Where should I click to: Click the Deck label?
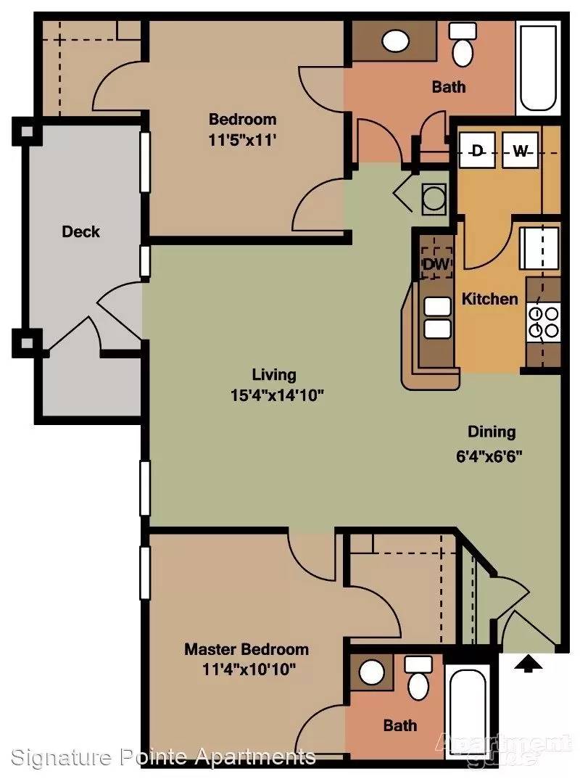(80, 231)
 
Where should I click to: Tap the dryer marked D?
(477, 150)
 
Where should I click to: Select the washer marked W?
(520, 150)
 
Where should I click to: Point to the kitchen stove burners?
(544, 322)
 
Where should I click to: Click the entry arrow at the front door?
(527, 664)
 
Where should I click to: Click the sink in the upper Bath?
(395, 41)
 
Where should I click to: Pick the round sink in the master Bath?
(371, 672)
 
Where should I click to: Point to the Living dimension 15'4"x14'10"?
(277, 396)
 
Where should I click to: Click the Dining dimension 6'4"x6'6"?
(489, 456)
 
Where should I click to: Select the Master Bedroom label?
(246, 649)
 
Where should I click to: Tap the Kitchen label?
(490, 299)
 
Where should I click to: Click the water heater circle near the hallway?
(434, 199)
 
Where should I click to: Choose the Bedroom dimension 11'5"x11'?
(242, 140)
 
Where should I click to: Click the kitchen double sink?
(437, 318)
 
